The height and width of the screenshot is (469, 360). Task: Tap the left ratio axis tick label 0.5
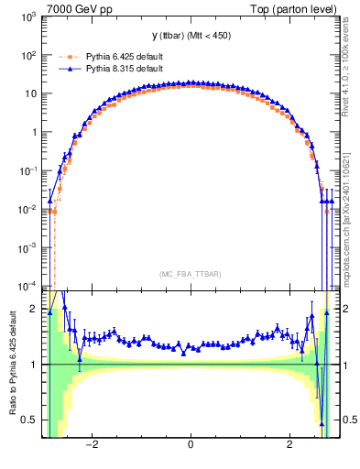click(x=30, y=420)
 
